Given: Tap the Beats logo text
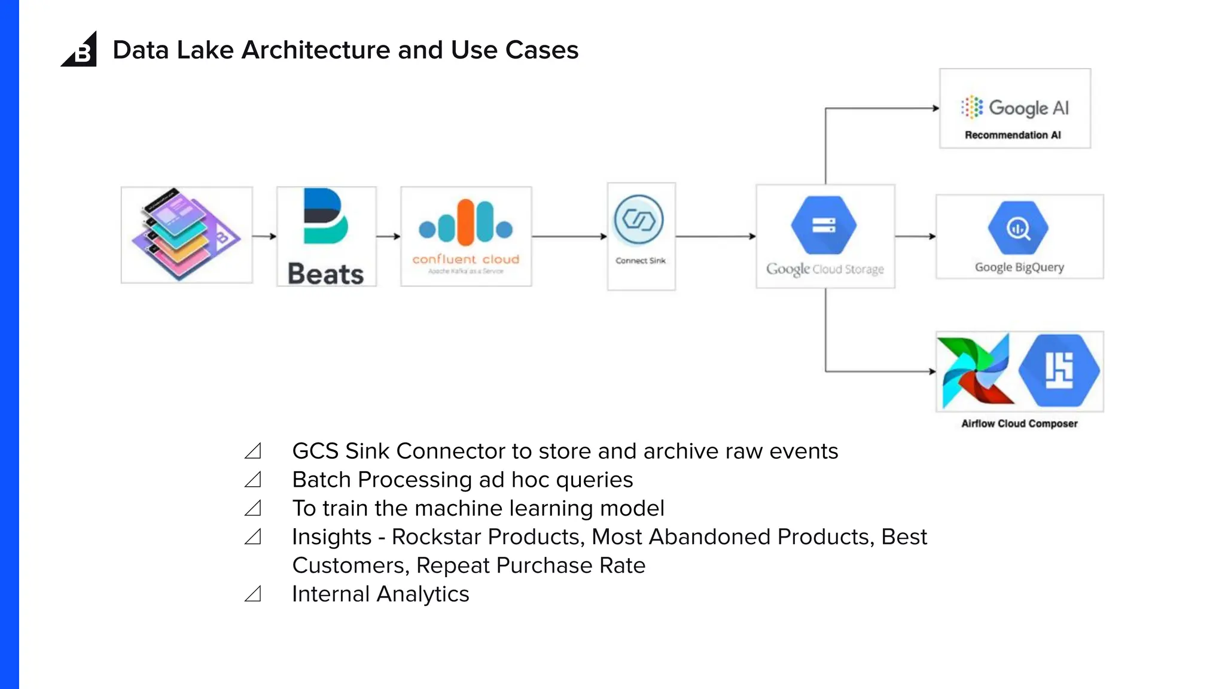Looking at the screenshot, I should tap(325, 274).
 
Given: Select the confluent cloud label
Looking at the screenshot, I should tap(465, 260).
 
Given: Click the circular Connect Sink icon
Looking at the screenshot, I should tap(639, 220).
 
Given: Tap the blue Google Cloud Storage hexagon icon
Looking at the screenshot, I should tap(824, 225).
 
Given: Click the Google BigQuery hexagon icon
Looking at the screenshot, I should tap(1018, 228).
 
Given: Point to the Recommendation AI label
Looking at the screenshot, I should tap(1013, 135).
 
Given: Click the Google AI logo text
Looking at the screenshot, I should tap(1028, 108).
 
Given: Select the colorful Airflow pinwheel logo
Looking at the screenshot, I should tap(976, 371).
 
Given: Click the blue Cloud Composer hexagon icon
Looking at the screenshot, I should tap(1059, 370).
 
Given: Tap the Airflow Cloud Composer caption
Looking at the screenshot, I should tap(1019, 423).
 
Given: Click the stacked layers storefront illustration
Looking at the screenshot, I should tap(185, 234).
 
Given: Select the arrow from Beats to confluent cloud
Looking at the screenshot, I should tap(388, 236).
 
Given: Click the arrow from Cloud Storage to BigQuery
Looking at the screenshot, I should tap(915, 236).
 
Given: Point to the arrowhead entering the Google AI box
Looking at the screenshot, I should tap(936, 108).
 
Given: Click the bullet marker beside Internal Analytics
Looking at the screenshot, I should tap(253, 594).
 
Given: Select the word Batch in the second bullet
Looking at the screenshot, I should tap(321, 480).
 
